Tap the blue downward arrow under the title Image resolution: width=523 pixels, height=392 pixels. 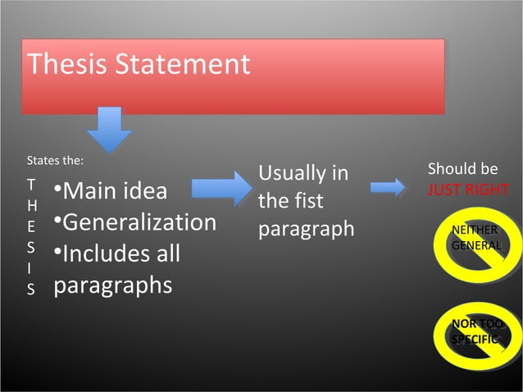(109, 128)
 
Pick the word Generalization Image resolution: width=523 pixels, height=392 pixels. (139, 223)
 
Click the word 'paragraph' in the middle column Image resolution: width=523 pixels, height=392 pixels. (307, 230)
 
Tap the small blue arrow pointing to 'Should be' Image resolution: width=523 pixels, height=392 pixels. (388, 189)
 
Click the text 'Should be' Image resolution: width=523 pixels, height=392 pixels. (462, 169)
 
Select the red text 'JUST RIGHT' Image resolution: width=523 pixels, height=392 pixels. (467, 190)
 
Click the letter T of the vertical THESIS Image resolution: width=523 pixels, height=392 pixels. (31, 185)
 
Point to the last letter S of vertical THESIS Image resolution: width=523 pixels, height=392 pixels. (31, 289)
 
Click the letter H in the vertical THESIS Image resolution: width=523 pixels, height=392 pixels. (31, 205)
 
